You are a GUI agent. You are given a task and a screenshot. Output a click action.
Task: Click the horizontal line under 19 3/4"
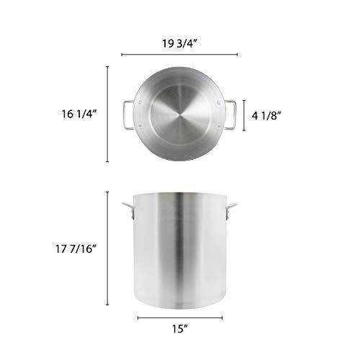pyautogui.click(x=179, y=54)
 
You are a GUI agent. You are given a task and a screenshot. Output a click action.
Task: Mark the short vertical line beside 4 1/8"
pyautogui.click(x=246, y=114)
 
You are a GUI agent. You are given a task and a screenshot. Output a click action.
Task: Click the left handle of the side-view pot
pyautogui.click(x=127, y=210)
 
